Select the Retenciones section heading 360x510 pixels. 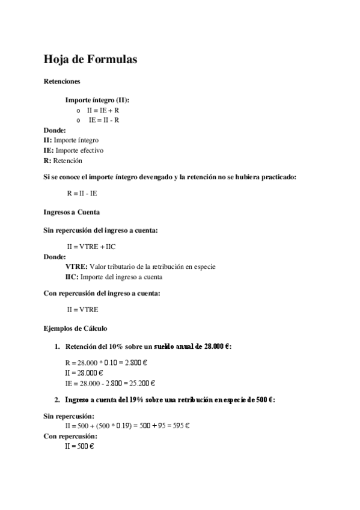coord(63,81)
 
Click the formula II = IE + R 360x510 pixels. coord(103,111)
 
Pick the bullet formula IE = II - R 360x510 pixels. coord(104,120)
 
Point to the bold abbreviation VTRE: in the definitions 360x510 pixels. coord(76,266)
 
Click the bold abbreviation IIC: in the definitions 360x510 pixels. coord(72,277)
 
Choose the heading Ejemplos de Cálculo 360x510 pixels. coord(76,328)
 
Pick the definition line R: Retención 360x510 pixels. coord(63,161)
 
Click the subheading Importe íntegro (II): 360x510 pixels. coord(97,100)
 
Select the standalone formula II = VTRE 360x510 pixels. coord(83,310)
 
